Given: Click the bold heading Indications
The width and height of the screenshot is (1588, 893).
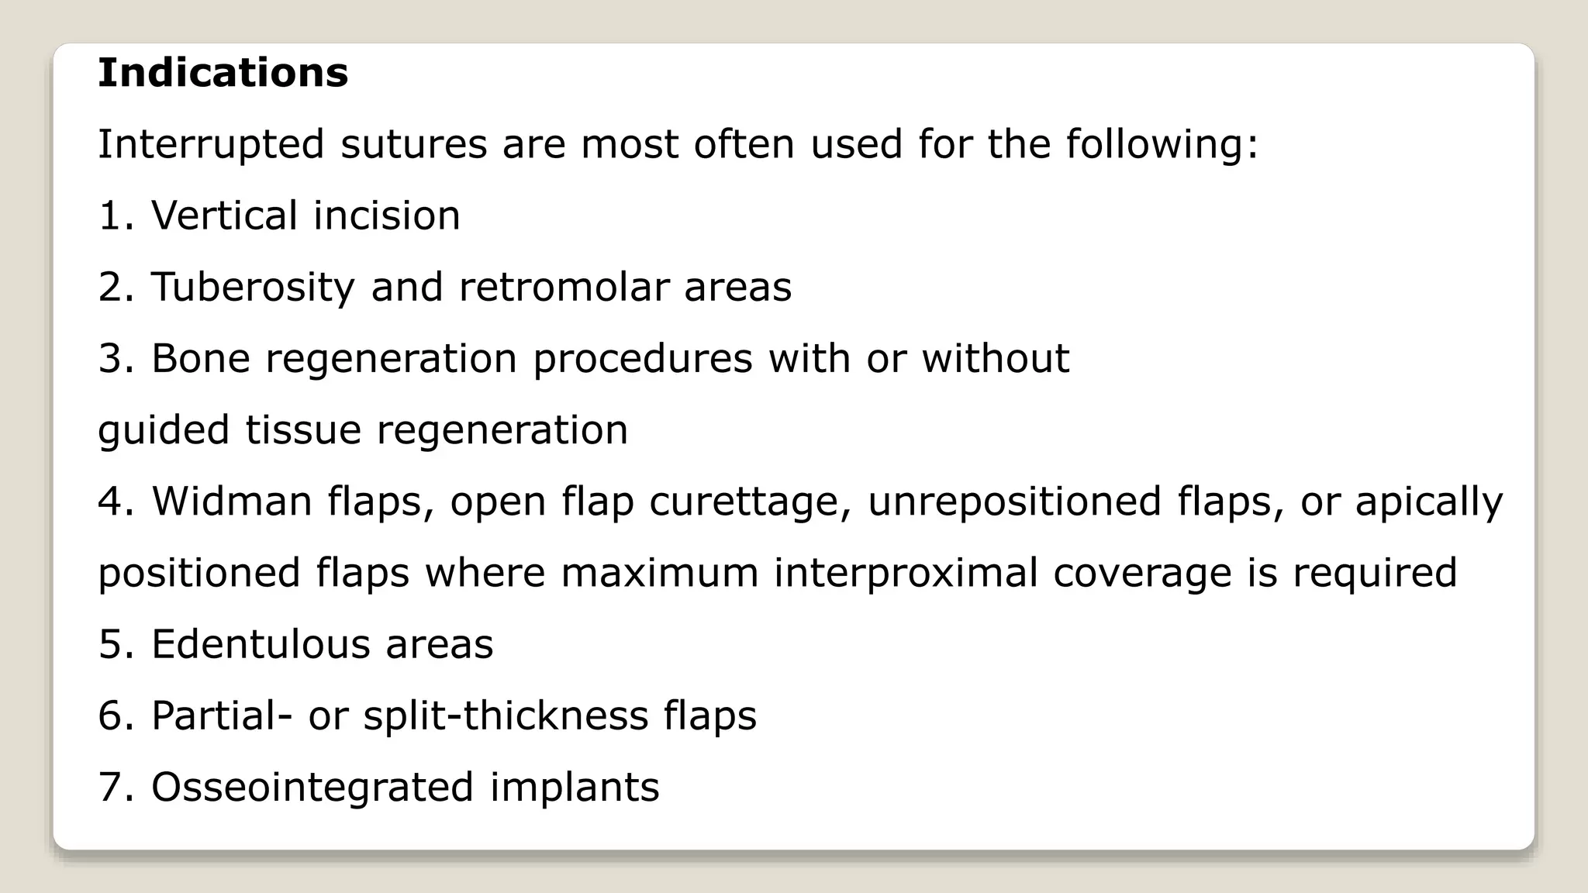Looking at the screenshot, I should click(x=223, y=73).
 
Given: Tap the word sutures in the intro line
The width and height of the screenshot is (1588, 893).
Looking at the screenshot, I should click(x=413, y=145).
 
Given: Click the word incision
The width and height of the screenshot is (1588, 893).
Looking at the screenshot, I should click(x=386, y=215).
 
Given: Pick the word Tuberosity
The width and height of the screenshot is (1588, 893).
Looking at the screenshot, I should click(x=252, y=288).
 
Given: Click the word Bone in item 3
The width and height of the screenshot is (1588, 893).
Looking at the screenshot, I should click(x=200, y=358).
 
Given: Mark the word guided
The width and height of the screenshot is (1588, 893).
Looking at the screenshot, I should click(x=164, y=431).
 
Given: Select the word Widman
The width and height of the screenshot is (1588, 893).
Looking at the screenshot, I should click(x=232, y=501).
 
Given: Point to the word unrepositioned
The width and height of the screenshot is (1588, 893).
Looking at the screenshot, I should click(x=1014, y=502).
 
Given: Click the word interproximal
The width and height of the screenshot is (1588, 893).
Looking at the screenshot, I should click(x=906, y=574).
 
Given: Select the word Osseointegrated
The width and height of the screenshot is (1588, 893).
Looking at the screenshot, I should click(x=312, y=787).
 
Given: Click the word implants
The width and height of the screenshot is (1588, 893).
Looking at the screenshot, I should click(x=575, y=788).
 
